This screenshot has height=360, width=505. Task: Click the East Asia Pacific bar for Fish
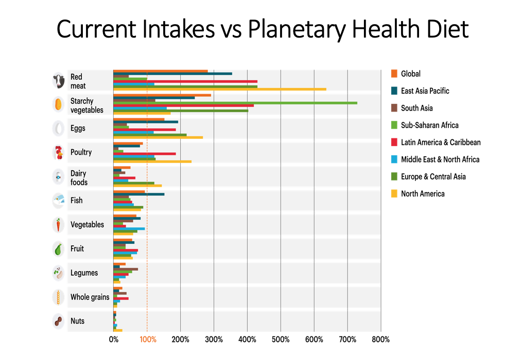139,194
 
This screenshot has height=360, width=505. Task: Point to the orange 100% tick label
148,339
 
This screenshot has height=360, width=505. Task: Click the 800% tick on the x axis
381,339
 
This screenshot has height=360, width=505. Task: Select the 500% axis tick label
281,339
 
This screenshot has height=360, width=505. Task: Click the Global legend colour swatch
394,74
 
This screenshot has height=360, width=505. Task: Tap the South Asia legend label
416,108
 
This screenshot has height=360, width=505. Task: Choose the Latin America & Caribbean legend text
441,142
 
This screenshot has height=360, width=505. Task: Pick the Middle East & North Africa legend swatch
394,159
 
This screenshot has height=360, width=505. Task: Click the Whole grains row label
90,297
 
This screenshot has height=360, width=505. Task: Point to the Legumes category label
84,273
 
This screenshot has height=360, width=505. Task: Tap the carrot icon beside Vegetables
58,225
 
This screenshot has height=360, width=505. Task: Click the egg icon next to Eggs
58,129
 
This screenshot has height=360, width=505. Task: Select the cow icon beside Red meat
58,81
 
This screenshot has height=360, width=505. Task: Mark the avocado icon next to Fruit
58,249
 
